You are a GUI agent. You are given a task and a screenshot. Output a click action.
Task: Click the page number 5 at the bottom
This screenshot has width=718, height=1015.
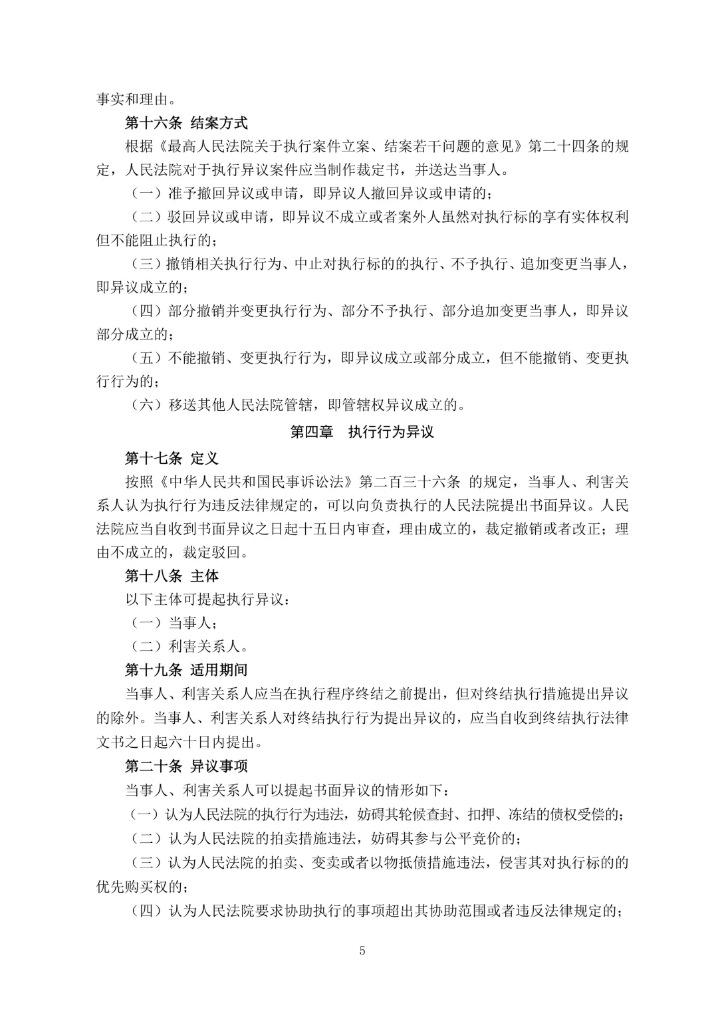click(362, 951)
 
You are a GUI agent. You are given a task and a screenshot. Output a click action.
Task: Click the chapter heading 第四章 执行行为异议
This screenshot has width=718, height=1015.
click(362, 432)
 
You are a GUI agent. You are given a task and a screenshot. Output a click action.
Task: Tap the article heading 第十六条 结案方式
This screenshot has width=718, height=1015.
click(186, 123)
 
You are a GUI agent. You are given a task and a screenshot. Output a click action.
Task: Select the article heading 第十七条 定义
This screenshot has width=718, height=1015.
click(172, 459)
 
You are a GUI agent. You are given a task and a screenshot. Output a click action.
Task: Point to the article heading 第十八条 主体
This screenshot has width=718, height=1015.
click(172, 575)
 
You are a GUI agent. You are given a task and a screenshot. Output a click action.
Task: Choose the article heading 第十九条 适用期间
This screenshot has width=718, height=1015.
click(186, 669)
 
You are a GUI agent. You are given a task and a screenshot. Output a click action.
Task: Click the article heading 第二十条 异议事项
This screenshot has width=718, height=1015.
click(186, 766)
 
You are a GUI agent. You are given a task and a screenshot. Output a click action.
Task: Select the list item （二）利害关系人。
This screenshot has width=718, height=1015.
click(187, 646)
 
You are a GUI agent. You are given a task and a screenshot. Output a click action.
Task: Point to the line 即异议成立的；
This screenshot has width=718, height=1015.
click(142, 287)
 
